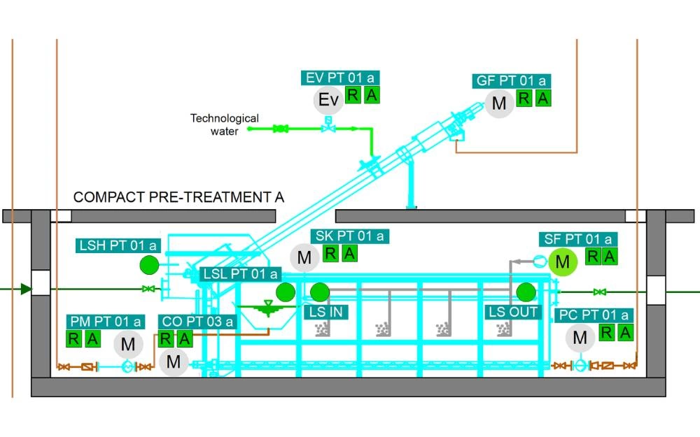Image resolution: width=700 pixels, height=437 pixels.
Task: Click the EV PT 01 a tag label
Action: pos(343,78)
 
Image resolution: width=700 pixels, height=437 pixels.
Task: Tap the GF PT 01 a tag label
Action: pos(512,81)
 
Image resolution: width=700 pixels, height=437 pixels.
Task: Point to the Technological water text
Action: pos(224,124)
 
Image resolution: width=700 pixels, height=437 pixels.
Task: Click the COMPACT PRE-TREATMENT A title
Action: pos(178,197)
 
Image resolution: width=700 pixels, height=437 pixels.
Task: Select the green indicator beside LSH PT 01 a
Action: pos(149,265)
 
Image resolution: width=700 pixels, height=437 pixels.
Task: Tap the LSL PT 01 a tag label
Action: pos(240,274)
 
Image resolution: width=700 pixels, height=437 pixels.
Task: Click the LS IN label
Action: pos(323,311)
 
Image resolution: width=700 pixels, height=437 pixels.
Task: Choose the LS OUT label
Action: pos(514,311)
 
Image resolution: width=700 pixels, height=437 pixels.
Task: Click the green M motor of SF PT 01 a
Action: pos(562,262)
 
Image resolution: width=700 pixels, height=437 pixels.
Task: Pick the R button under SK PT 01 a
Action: pos(331,254)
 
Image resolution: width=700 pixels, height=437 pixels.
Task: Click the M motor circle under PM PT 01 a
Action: pos(127,344)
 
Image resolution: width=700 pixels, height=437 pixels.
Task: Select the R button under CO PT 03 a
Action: pos(166,339)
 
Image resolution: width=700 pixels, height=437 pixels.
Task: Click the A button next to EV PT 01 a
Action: pos(372,96)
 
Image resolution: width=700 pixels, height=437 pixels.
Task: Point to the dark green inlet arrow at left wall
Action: pos(25,288)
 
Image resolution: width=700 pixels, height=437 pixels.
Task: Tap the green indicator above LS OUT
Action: pos(526,292)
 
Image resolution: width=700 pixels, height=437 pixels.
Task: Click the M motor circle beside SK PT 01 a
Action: pos(304,258)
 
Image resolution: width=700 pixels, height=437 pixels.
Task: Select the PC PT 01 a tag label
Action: pos(594,315)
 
